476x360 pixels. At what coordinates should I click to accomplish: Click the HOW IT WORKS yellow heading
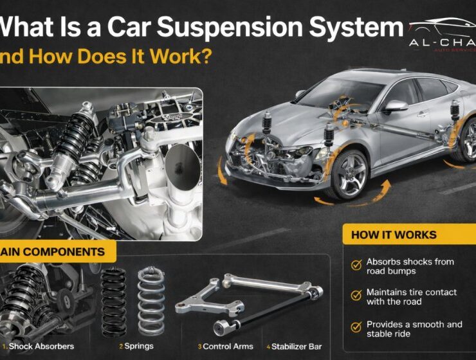point(393,235)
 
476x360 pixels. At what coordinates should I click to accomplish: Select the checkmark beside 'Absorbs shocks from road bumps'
point(355,265)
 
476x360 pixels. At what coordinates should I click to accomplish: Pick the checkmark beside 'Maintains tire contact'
point(355,296)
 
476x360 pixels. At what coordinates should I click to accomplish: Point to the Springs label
point(140,346)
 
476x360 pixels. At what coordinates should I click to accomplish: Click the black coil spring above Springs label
point(114,302)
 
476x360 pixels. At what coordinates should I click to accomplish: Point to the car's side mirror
point(394,106)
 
